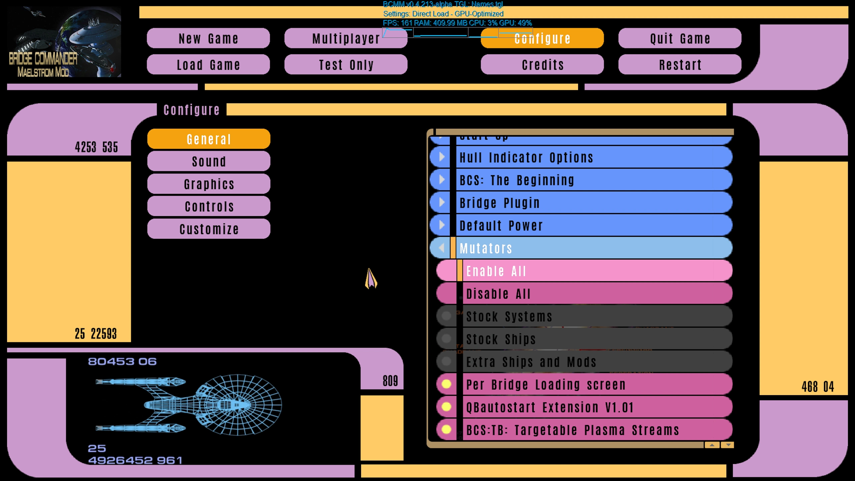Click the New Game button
(208, 38)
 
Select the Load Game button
(208, 64)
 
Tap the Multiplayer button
(346, 38)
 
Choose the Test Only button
(346, 64)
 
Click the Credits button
(542, 64)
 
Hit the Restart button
(680, 64)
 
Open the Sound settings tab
(209, 161)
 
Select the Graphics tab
(209, 184)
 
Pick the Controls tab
(209, 206)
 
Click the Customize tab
(209, 229)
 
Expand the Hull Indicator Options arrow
(441, 157)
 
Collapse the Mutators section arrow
(441, 248)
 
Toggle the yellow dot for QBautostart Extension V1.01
(446, 407)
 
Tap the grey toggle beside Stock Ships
(446, 339)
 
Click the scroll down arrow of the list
(728, 445)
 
